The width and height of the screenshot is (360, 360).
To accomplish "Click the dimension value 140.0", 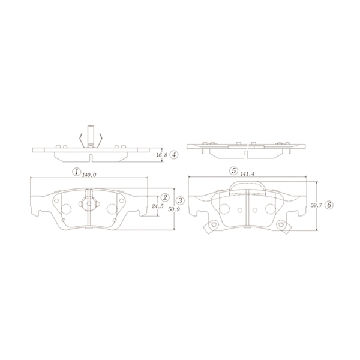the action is point(89,175).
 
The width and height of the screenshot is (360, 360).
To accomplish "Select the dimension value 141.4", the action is point(247,174).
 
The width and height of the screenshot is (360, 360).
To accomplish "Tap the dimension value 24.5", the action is point(158,206).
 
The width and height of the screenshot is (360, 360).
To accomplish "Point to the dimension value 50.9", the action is point(173,209).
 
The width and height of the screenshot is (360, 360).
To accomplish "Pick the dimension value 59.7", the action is point(316,205).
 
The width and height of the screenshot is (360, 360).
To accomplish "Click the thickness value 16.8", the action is point(162,155).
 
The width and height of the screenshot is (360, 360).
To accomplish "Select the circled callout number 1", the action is point(76,172).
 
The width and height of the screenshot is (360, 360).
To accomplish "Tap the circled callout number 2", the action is point(165,197).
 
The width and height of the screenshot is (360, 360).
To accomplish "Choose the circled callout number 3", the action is point(180,200).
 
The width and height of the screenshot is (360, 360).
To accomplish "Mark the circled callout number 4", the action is point(174,155).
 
